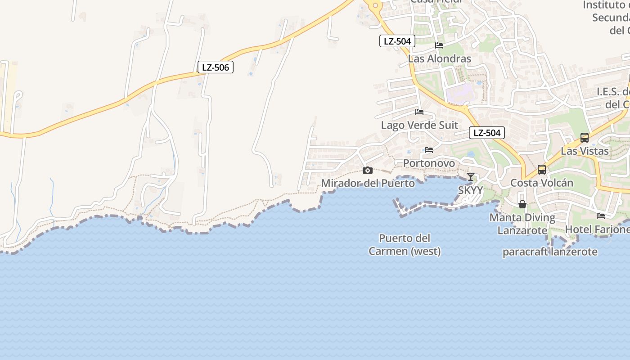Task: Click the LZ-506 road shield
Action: click(x=216, y=67)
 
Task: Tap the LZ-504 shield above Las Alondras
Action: click(x=397, y=41)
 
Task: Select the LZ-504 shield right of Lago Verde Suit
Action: click(x=487, y=133)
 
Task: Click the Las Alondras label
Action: click(x=439, y=59)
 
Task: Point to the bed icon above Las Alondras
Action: click(x=439, y=45)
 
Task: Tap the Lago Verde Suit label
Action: click(x=419, y=125)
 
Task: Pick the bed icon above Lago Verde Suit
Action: click(x=419, y=112)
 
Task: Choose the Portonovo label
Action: click(x=429, y=163)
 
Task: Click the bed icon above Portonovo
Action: click(x=429, y=149)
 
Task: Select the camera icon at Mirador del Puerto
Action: click(x=368, y=170)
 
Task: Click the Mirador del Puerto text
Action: click(x=368, y=183)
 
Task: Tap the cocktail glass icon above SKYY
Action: click(x=471, y=177)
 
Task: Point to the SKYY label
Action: click(x=470, y=190)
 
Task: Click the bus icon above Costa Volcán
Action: click(x=542, y=170)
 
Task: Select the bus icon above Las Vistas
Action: click(x=585, y=138)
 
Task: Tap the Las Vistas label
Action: click(x=585, y=151)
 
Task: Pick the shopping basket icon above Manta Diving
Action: click(x=522, y=204)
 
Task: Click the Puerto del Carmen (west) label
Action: click(x=405, y=245)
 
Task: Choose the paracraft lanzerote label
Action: click(x=550, y=252)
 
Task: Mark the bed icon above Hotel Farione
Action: click(x=601, y=216)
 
